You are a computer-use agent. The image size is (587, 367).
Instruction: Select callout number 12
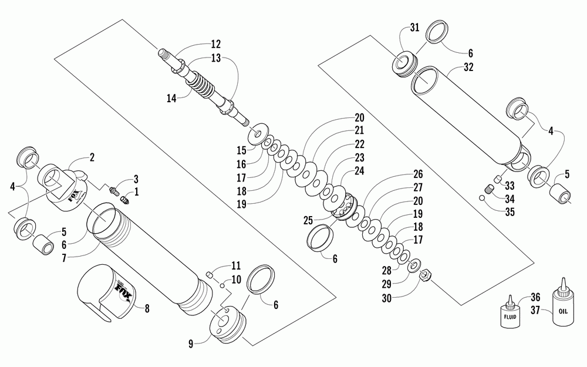click(215, 44)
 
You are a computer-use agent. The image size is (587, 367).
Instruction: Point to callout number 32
click(468, 68)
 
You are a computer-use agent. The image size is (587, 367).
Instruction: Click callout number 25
click(308, 221)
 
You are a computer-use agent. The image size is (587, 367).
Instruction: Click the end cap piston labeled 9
click(228, 324)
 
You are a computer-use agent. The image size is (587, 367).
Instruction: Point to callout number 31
click(414, 28)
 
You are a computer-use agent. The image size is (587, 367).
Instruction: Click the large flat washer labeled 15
click(258, 134)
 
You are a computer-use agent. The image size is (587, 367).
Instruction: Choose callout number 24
click(359, 171)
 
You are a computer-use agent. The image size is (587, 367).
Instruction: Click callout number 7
click(64, 258)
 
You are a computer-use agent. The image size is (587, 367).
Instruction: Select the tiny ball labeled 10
click(222, 286)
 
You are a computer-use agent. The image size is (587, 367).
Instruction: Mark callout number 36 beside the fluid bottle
click(535, 297)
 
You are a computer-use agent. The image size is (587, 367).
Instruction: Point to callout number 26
click(418, 174)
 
